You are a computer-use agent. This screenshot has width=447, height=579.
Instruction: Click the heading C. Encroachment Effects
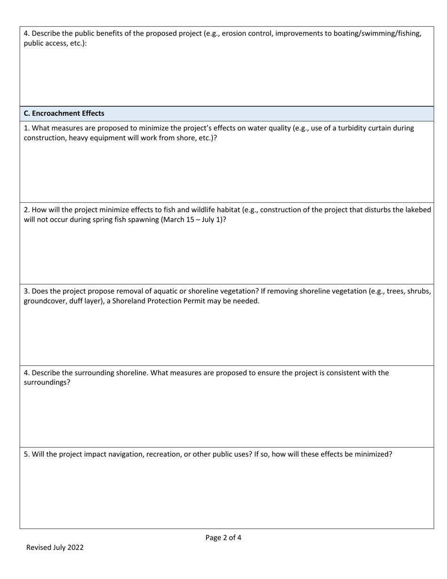pyautogui.click(x=64, y=113)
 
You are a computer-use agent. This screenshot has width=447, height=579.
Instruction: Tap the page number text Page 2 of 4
pyautogui.click(x=223, y=538)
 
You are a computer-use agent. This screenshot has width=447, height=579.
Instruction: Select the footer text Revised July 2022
pyautogui.click(x=55, y=547)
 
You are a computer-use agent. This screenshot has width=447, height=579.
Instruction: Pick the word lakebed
pyautogui.click(x=417, y=210)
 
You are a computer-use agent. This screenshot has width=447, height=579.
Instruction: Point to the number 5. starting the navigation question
pyautogui.click(x=27, y=455)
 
